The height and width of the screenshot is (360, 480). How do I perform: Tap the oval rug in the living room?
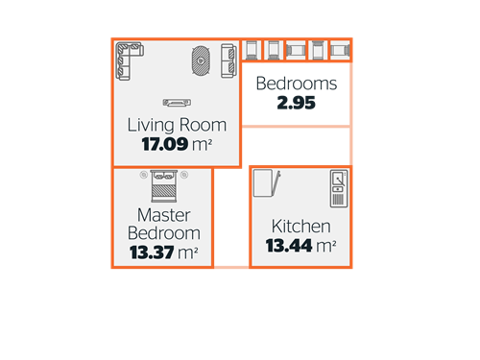[x=201, y=60]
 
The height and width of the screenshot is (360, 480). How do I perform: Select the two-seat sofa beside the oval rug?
[x=228, y=60]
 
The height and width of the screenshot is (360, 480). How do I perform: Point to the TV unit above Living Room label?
[x=177, y=103]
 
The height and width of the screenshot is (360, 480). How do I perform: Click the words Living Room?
[x=177, y=125]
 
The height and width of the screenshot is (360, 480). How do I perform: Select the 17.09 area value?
[x=165, y=144]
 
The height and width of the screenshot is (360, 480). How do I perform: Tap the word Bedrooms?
[x=297, y=84]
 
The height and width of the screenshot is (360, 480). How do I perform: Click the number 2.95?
[x=297, y=103]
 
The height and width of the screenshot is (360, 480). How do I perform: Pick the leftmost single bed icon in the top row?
[x=252, y=50]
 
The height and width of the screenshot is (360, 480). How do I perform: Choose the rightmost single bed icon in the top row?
[x=340, y=50]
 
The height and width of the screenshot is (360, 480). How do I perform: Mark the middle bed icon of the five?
[x=296, y=50]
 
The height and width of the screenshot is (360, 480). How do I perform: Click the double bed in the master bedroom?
[x=164, y=186]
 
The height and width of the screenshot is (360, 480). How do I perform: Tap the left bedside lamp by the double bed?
[x=144, y=175]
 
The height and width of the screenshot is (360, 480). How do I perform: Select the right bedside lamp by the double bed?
[x=184, y=175]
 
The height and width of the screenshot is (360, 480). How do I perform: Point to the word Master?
[x=164, y=215]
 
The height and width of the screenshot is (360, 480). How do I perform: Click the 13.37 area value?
[x=152, y=252]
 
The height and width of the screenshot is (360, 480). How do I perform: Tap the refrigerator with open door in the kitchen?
[x=267, y=182]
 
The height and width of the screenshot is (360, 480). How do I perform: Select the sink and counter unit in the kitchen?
[x=339, y=188]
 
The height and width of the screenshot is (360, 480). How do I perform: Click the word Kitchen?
[x=301, y=227]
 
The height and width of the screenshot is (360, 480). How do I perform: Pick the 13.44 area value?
[x=289, y=246]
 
